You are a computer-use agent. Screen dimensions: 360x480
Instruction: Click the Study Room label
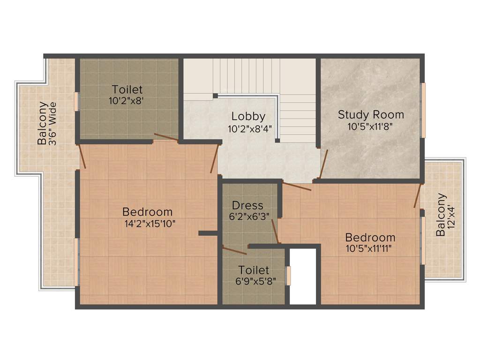(x=371, y=114)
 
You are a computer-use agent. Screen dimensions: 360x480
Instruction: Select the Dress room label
(x=247, y=205)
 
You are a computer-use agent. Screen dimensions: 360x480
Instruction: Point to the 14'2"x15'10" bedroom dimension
(x=147, y=224)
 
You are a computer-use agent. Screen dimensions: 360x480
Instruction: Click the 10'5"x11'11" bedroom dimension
(x=370, y=248)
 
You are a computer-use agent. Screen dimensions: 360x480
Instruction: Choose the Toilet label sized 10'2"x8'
(x=127, y=89)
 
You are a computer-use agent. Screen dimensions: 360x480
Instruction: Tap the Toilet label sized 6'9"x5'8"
(x=254, y=270)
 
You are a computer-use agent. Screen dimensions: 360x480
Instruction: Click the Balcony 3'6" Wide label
(x=47, y=123)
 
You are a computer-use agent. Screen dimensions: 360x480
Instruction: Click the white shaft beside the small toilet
(x=302, y=277)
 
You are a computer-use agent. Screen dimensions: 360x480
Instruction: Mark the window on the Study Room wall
(x=423, y=110)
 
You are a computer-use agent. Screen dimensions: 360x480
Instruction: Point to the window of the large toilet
(x=76, y=102)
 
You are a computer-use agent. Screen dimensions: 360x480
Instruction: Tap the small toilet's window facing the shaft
(x=288, y=276)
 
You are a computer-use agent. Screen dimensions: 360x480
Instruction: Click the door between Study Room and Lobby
(x=323, y=164)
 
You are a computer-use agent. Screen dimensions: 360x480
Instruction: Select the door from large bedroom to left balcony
(x=82, y=156)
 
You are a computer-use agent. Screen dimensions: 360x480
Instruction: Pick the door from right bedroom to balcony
(x=417, y=195)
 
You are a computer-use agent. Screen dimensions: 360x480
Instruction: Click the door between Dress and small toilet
(x=234, y=251)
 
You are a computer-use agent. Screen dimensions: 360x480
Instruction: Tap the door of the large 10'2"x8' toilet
(x=166, y=137)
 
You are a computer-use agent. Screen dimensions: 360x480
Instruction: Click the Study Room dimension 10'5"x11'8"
(x=371, y=126)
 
